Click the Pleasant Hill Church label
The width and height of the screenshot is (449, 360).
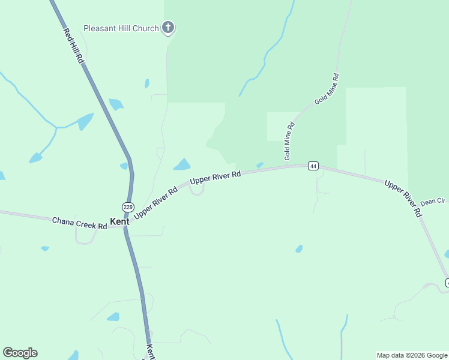(121, 28)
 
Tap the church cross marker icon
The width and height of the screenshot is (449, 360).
(169, 28)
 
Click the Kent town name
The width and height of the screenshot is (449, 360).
(119, 221)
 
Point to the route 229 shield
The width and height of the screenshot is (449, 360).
(128, 206)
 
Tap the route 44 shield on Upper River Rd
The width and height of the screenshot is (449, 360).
(313, 166)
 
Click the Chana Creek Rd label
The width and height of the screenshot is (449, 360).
(79, 223)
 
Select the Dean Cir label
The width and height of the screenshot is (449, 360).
(432, 202)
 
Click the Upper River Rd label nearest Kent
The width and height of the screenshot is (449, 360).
(156, 202)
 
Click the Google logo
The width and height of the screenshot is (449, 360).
(20, 353)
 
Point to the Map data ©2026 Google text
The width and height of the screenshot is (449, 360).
(412, 355)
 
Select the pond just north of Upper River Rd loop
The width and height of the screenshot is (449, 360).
(182, 164)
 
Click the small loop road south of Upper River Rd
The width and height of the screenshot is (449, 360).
(197, 190)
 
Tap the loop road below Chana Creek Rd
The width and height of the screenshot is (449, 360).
(85, 237)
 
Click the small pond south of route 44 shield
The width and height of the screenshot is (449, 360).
(299, 248)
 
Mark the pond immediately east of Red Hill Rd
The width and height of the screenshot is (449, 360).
(116, 104)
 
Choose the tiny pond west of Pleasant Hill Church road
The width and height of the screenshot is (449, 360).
(146, 83)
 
